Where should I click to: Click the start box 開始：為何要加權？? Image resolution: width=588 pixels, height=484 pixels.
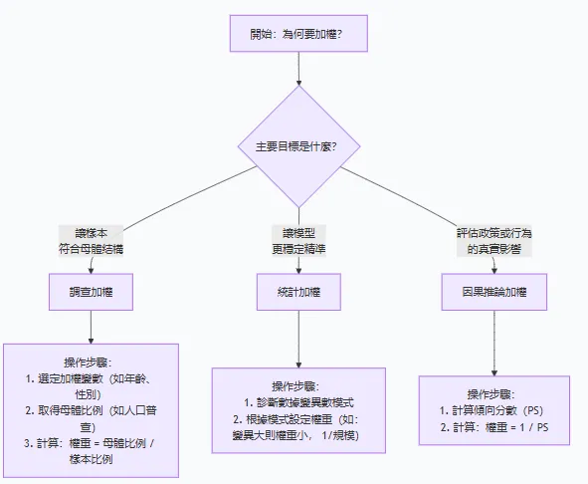click(x=297, y=37)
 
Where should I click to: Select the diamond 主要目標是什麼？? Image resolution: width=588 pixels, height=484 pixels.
click(x=299, y=146)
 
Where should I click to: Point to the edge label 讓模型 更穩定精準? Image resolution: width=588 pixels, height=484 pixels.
click(x=297, y=239)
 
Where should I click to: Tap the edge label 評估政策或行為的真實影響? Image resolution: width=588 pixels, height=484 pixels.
click(x=494, y=239)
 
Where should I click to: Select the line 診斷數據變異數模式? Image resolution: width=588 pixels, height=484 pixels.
click(x=298, y=402)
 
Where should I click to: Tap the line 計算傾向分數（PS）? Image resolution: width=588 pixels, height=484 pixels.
click(x=495, y=410)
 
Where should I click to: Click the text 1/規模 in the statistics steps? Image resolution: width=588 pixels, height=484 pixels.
click(x=338, y=435)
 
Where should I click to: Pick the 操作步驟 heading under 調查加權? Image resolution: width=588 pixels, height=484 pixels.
click(x=91, y=363)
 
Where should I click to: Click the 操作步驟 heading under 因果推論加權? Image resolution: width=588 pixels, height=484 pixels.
click(x=494, y=393)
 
